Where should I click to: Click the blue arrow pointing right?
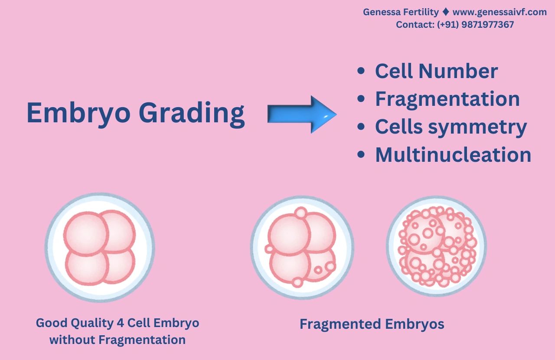click(x=302, y=115)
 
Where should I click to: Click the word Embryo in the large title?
click(x=78, y=113)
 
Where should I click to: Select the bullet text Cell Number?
click(x=436, y=71)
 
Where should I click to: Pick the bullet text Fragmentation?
click(x=447, y=99)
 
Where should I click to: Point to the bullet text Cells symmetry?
click(x=451, y=127)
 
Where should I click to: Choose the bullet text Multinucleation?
click(x=453, y=155)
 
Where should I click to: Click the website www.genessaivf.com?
click(x=499, y=12)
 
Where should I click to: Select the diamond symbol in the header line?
click(x=446, y=12)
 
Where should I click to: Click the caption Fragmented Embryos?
click(x=372, y=324)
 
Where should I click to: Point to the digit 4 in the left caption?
click(x=120, y=323)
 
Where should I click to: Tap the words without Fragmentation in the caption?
click(x=118, y=340)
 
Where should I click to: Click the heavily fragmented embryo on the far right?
click(x=436, y=246)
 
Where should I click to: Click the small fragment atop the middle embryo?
click(x=301, y=213)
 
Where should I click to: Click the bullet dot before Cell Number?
click(x=361, y=71)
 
